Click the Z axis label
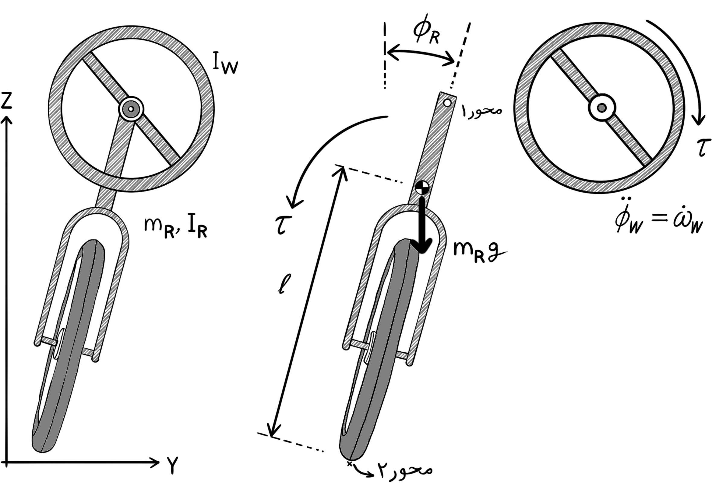point(7,101)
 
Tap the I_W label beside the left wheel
point(225,63)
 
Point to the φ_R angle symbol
point(426,33)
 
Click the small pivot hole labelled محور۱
point(447,103)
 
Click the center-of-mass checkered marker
point(422,187)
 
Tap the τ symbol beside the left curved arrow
point(283,225)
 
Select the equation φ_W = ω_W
point(659,221)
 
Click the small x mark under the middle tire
point(350,464)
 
